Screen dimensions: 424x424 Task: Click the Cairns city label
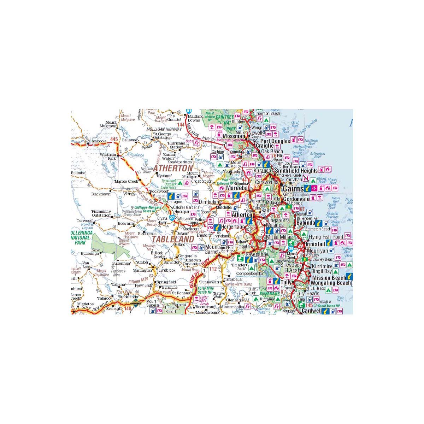point(293,189)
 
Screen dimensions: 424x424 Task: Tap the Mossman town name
point(234,136)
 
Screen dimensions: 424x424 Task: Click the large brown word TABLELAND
point(173,239)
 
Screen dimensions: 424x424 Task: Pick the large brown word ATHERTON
point(173,168)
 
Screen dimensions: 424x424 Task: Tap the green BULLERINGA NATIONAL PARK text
point(80,238)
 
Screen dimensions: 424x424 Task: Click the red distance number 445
point(114,140)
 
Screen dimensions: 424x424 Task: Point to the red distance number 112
point(213,269)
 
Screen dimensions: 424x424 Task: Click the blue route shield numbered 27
point(172,218)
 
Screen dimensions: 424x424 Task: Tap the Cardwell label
point(312,311)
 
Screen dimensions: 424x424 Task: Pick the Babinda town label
point(306,223)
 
